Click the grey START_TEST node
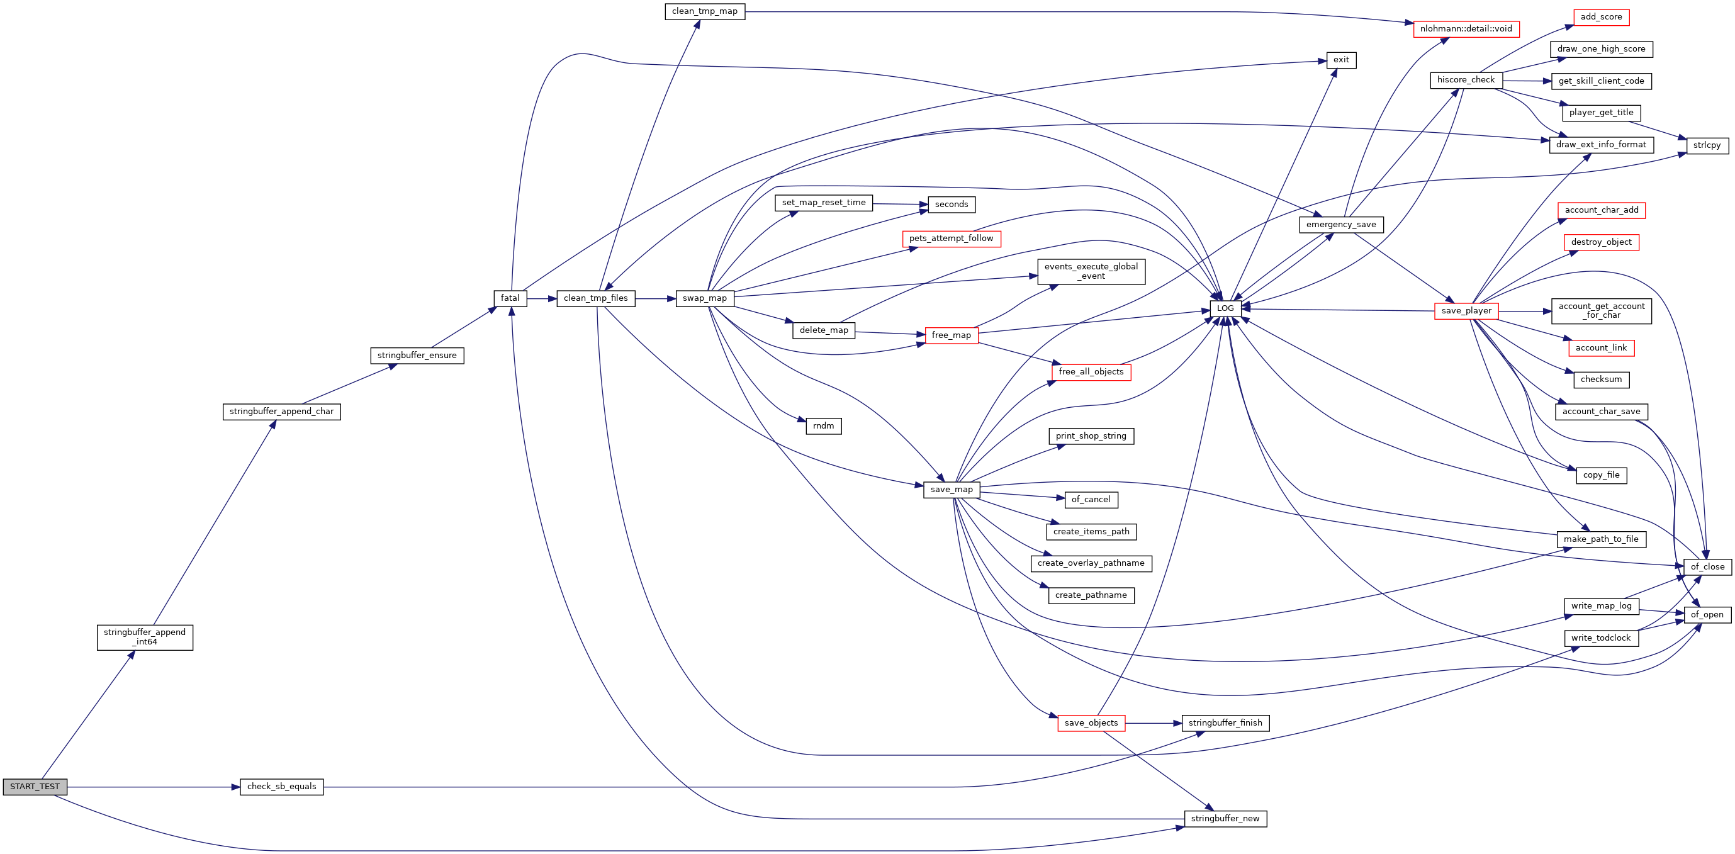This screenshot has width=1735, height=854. [35, 787]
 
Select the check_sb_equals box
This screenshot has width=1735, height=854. [281, 787]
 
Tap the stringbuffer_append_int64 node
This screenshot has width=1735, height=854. [145, 637]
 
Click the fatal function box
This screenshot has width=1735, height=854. [510, 298]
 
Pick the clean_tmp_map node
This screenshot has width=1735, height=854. [704, 11]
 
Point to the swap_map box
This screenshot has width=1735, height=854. [704, 298]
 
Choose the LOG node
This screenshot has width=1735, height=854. [1225, 308]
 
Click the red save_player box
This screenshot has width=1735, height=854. [1466, 311]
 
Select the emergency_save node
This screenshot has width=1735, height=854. [1341, 225]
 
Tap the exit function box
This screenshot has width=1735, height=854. [1341, 60]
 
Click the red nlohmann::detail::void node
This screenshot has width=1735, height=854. [1466, 29]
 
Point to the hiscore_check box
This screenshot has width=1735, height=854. [1466, 80]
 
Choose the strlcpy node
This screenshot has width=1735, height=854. [1707, 145]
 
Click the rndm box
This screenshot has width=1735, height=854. [823, 426]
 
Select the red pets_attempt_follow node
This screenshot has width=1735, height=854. [951, 239]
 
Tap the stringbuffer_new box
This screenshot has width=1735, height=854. [1225, 819]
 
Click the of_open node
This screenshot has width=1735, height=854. [1707, 615]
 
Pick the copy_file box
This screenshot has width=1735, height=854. [1601, 476]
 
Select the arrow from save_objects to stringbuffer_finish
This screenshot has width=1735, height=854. [1153, 723]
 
